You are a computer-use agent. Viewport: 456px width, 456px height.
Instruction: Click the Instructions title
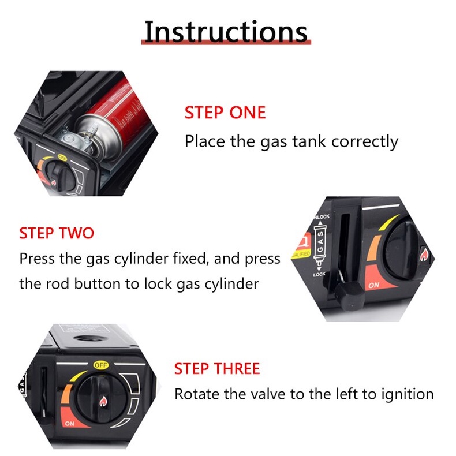point(226,31)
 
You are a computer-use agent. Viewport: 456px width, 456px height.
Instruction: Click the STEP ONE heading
point(225,113)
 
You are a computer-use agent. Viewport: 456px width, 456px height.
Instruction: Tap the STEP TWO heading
point(57,233)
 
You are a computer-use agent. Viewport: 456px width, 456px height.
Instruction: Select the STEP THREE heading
point(217,369)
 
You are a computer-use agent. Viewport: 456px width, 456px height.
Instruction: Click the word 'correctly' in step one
point(365,142)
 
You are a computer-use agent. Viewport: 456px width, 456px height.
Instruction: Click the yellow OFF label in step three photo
point(101,365)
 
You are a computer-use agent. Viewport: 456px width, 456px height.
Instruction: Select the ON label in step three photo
point(70,424)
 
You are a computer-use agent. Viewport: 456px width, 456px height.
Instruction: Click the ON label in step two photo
point(373,285)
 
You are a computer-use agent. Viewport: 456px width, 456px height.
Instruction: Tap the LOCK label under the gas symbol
point(319,274)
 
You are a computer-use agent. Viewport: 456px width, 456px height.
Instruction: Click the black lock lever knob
point(350,297)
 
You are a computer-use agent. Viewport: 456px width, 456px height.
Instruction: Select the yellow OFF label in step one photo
point(62,158)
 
